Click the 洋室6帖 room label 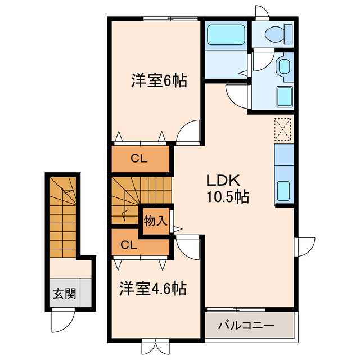(x=159, y=81)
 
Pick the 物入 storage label (x=155, y=220)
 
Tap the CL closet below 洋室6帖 (x=139, y=159)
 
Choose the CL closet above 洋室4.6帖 (x=129, y=245)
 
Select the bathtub (x=225, y=35)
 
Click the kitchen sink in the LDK (x=283, y=190)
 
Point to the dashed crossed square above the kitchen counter (x=283, y=129)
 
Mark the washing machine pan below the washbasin (x=283, y=96)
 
